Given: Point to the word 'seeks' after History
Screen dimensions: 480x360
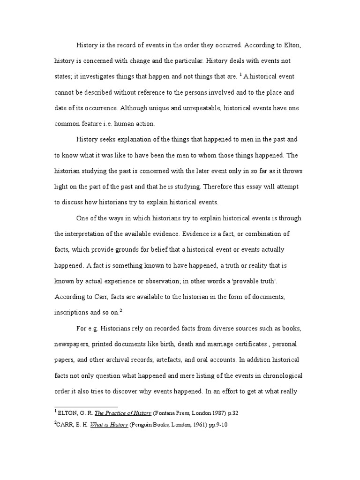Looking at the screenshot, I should point(110,140).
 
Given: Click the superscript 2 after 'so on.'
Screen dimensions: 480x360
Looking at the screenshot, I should point(120,310).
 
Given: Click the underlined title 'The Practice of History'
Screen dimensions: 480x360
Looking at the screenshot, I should point(123,413).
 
